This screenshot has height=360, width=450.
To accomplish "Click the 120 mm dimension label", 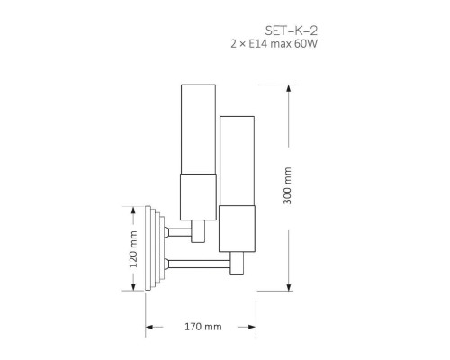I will point(133,249).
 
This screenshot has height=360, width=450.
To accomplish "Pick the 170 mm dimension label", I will point(202,327).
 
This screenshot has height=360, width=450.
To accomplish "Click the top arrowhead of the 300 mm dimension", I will point(288,88).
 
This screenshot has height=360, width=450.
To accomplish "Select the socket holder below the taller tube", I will point(199,198).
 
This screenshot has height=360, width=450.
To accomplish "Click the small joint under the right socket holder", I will point(238,264).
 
